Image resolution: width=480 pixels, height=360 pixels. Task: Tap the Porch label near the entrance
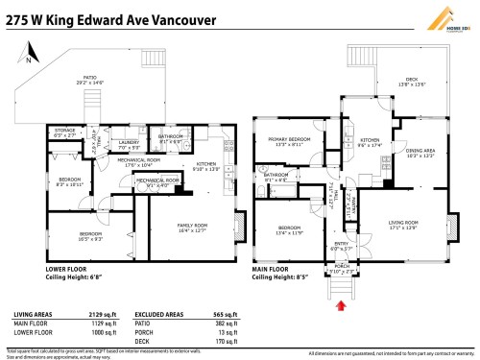(x=342, y=269)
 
